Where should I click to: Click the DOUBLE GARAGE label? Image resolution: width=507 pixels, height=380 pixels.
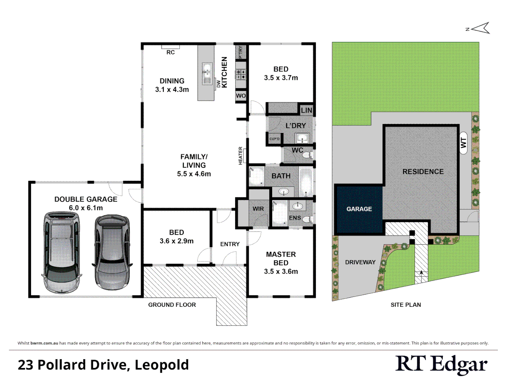coord(86,199)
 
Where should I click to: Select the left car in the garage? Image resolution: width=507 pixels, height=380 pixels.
coord(62,252)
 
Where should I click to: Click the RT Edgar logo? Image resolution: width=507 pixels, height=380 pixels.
coord(441,365)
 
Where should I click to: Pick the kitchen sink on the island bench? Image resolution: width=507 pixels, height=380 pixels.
coord(207,74)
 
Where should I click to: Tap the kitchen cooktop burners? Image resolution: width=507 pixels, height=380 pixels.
coord(241,74)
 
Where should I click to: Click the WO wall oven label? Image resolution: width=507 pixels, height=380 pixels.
coord(241,96)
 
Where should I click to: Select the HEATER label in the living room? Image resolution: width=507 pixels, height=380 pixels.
coord(241,156)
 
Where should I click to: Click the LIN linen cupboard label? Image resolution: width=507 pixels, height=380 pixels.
coord(306,110)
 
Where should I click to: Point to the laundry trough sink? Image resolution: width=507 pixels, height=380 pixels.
coord(302,138)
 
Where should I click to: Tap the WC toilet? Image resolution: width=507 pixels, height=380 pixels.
coord(307,154)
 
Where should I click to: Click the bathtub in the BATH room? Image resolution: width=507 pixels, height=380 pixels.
coord(306,182)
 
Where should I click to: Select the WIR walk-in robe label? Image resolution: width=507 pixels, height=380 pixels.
coord(258,209)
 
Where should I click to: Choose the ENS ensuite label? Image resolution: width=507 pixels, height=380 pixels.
coord(295,218)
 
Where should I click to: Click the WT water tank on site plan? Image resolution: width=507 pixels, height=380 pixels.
coord(463,143)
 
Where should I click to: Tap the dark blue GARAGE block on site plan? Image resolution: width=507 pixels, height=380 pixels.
coord(359,209)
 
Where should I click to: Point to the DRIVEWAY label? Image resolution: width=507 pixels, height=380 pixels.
coord(360,262)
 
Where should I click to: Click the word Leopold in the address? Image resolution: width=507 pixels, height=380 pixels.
coord(162,365)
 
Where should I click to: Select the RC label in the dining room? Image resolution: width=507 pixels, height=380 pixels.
coord(170,52)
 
